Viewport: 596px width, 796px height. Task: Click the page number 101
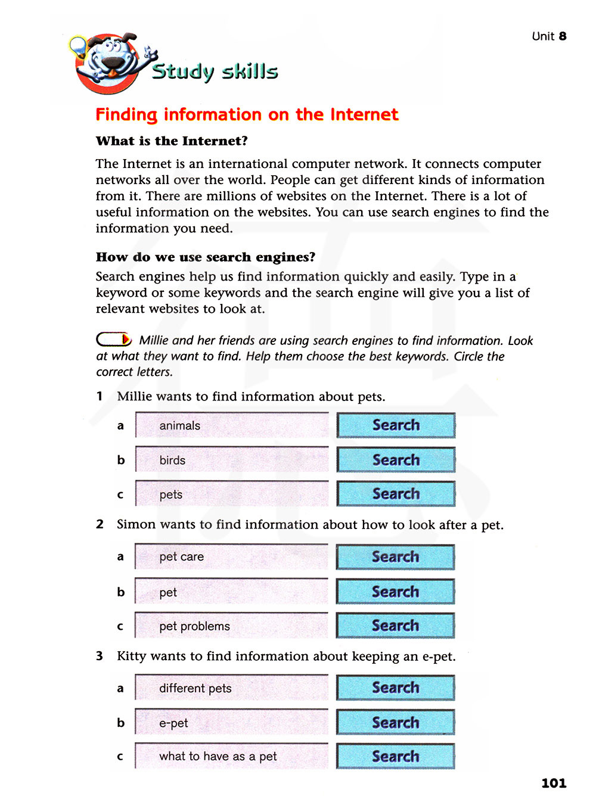[x=553, y=783]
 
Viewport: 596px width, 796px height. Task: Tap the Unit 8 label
[x=549, y=36]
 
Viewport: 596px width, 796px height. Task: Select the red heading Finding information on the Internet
[x=247, y=114]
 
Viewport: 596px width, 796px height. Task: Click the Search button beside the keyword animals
[x=396, y=425]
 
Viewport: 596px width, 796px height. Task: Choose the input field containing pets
[x=232, y=494]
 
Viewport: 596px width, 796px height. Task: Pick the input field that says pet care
[x=232, y=557]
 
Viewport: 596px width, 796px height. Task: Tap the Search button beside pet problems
[x=395, y=626]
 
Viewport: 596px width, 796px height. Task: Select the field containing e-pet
[x=232, y=723]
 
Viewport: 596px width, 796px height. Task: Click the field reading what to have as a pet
[x=232, y=756]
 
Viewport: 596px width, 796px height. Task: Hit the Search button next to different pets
[x=395, y=688]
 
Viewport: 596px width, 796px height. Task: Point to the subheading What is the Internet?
[x=172, y=141]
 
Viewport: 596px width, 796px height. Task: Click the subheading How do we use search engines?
[x=206, y=257]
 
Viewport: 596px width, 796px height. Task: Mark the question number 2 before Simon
[x=100, y=524]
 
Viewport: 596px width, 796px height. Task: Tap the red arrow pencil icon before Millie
[x=114, y=340]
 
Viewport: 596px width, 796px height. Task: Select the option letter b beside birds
[x=121, y=460]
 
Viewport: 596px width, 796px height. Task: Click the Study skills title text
[x=215, y=71]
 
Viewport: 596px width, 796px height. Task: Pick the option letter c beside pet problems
[x=120, y=626]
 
